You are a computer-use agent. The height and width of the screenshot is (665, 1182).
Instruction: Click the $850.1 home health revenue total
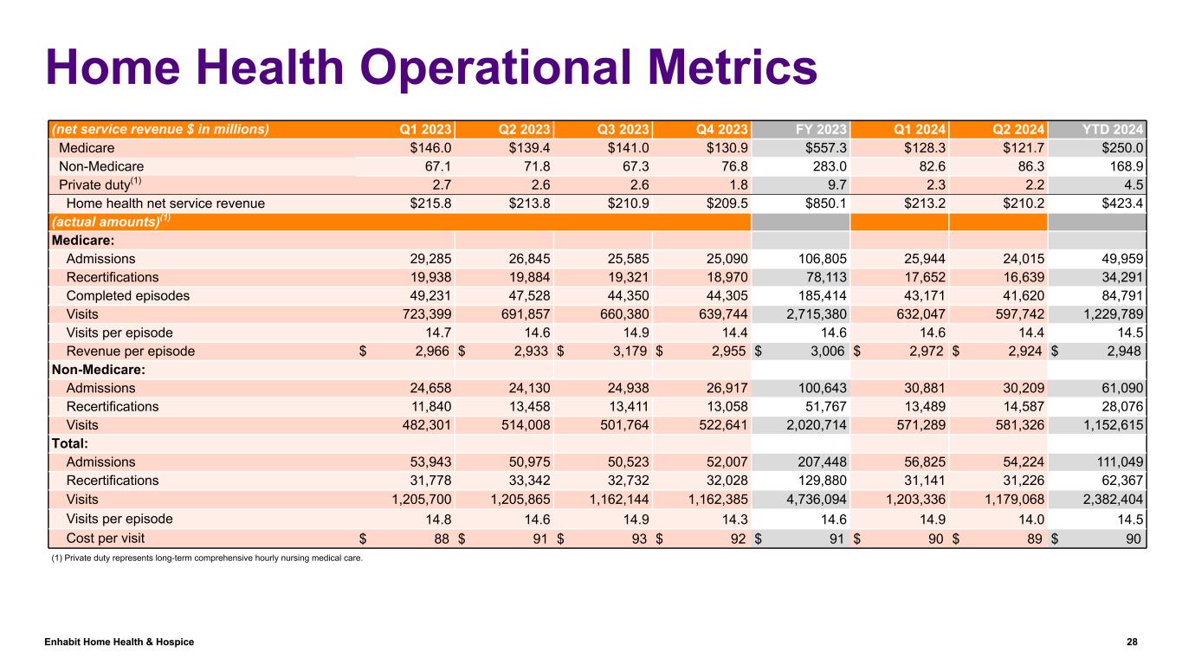click(x=824, y=203)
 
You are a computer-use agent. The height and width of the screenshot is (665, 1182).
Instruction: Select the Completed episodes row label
click(x=127, y=295)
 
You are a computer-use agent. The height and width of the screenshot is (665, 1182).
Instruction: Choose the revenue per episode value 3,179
click(x=632, y=352)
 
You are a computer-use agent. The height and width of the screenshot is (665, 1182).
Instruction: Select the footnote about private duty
click(x=207, y=558)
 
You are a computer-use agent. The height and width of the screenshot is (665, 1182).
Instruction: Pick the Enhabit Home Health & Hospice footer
click(x=119, y=642)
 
